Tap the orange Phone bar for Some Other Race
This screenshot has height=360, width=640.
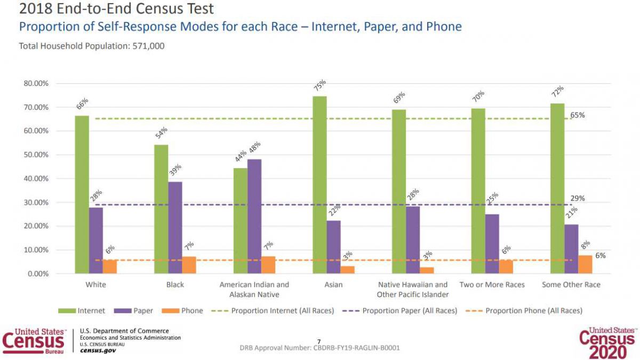tap(585, 265)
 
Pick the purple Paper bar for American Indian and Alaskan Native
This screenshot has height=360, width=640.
tap(254, 216)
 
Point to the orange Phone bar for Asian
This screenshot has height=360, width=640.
tap(347, 270)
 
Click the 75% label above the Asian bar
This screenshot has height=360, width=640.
tap(319, 86)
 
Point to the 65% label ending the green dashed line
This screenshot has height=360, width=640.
tap(578, 115)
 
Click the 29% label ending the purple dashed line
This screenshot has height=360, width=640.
tap(578, 198)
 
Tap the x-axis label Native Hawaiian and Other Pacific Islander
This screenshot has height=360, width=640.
tap(412, 290)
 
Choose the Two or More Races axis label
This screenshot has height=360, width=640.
tap(492, 285)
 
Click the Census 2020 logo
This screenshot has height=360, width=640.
tap(608, 341)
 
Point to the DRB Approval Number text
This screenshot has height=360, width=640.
tap(320, 348)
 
